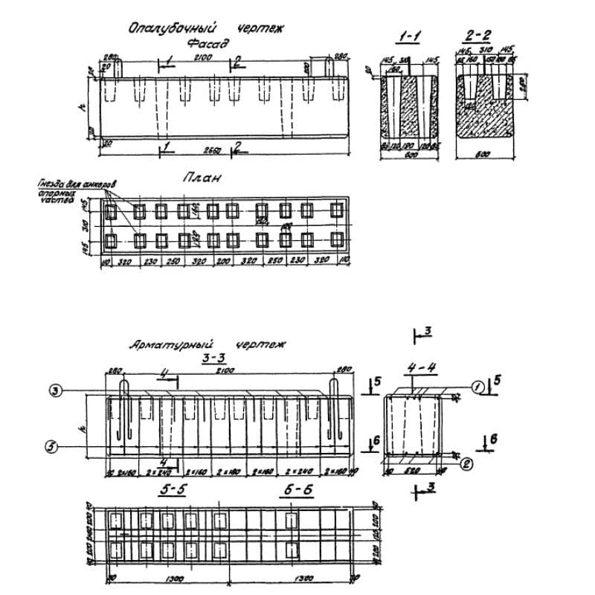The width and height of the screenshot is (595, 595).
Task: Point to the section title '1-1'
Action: tap(408, 36)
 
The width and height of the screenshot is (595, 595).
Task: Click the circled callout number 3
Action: tap(55, 390)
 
